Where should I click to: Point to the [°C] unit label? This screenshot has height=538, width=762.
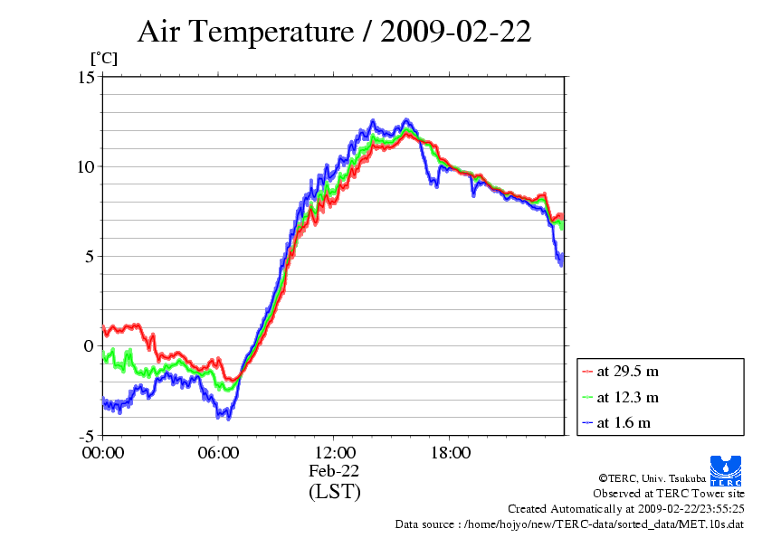103,59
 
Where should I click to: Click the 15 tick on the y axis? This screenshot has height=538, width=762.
86,77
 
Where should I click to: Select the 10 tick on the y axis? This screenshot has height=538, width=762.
86,166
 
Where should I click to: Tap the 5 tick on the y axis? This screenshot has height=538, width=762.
90,256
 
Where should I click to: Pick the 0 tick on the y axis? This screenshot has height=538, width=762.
90,345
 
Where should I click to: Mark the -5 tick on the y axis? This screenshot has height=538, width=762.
86,435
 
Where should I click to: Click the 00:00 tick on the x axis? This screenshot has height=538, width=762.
102,452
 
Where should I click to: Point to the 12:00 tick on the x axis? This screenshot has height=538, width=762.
334,452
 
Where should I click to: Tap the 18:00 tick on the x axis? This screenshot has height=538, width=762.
450,452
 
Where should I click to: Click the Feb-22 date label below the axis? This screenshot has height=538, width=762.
334,471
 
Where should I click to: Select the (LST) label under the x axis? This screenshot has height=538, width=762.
334,492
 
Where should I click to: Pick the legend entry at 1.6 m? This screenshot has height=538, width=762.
624,422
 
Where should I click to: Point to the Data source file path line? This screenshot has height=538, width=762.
569,524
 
